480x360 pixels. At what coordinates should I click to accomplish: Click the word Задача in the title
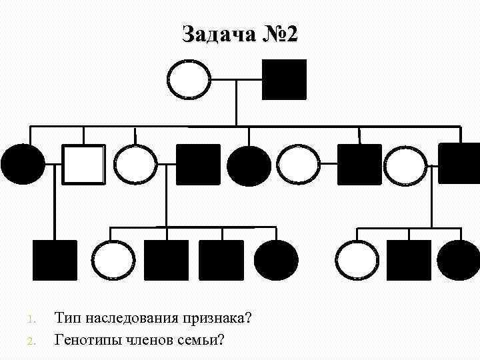pos(217,34)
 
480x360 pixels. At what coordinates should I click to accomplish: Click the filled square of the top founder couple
pos(285,80)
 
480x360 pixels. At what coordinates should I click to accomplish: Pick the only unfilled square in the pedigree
pos(83,164)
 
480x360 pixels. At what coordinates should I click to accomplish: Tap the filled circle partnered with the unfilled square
pos(23,164)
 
